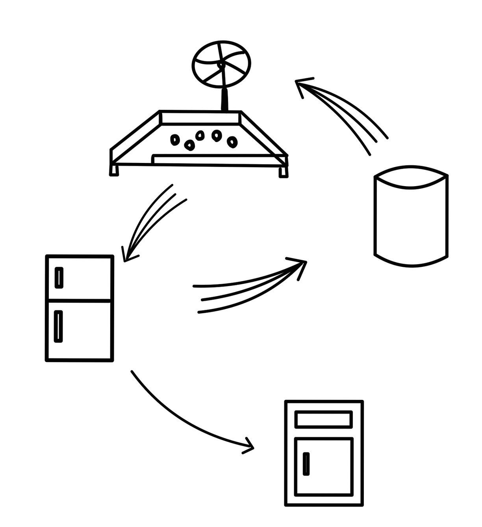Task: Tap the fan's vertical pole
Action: click(224, 98)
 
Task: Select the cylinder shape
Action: click(411, 216)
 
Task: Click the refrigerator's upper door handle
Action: click(59, 277)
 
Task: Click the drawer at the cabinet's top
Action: click(324, 419)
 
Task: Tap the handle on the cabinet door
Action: click(306, 464)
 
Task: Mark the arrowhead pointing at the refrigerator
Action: click(128, 255)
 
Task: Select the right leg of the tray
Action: click(283, 172)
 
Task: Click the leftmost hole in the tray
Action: click(175, 139)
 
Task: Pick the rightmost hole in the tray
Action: click(232, 141)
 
